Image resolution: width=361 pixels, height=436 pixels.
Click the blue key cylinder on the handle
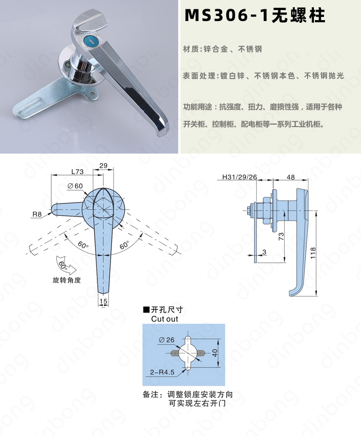click(90, 42)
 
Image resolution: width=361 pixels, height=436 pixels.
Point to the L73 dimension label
click(77, 171)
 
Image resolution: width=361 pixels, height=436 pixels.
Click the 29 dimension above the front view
click(103, 166)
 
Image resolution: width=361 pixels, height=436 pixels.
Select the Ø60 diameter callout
click(75, 186)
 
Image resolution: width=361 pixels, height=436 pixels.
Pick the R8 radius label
click(37, 214)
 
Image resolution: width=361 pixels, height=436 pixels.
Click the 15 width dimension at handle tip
click(103, 301)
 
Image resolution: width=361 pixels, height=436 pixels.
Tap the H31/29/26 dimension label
click(239, 177)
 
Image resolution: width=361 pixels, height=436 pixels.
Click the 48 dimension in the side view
click(290, 177)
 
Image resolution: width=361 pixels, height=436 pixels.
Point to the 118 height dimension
click(313, 253)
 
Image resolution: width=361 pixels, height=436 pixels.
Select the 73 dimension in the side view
click(281, 236)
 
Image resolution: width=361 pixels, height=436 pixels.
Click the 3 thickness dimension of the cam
click(264, 252)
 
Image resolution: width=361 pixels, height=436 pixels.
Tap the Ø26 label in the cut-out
click(167, 340)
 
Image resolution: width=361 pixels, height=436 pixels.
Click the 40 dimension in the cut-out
click(215, 353)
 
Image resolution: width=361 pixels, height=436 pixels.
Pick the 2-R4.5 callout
click(162, 372)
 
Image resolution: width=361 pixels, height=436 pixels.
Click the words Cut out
click(165, 319)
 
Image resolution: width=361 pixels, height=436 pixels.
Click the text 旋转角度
click(67, 280)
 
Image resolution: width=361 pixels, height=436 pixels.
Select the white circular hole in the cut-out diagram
click(188, 353)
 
